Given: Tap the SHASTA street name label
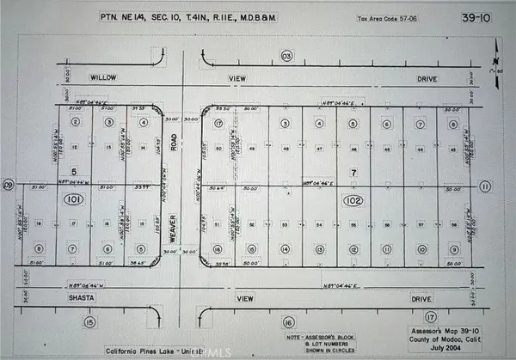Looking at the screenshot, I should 85,298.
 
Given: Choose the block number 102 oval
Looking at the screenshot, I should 350,201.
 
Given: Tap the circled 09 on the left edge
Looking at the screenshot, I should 8,185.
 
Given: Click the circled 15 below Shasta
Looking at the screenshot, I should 89,321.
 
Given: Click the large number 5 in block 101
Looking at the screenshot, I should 75,170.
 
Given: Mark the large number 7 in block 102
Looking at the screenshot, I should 352,172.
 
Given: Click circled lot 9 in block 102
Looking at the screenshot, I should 419,248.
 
